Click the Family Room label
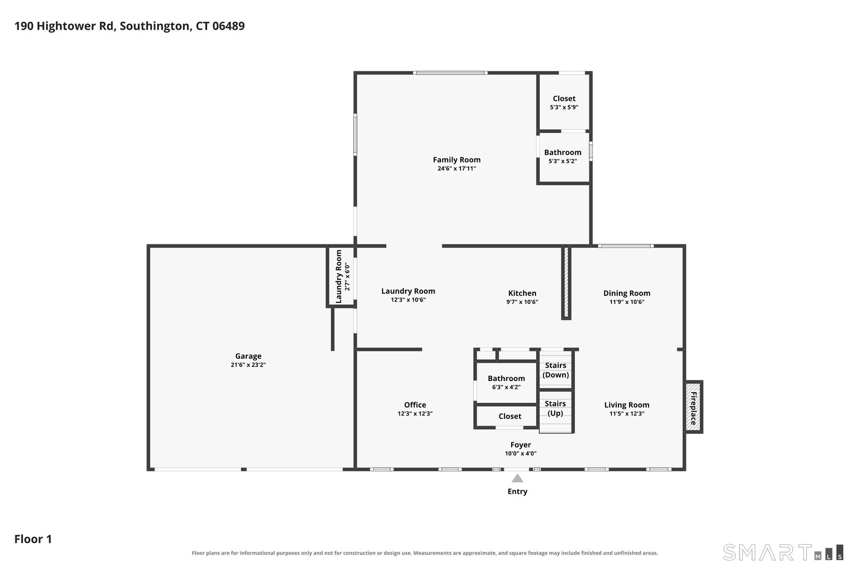[x=456, y=160]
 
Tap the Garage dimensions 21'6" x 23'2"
[x=248, y=365]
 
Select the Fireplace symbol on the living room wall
[x=693, y=407]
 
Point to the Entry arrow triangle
[x=517, y=478]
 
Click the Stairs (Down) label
[x=556, y=370]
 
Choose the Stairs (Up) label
[x=555, y=408]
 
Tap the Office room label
[x=415, y=404]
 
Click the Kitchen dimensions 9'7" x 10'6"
[x=522, y=302]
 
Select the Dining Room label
[x=627, y=293]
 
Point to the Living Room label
[x=627, y=404]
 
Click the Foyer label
[x=521, y=444]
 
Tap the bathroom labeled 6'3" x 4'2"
[x=506, y=382]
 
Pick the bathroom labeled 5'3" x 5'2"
[x=563, y=156]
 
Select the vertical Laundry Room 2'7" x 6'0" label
[x=342, y=276]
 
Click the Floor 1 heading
[x=33, y=539]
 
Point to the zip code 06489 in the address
[x=228, y=26]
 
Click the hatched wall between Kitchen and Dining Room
[x=566, y=284]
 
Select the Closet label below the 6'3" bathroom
[x=509, y=416]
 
